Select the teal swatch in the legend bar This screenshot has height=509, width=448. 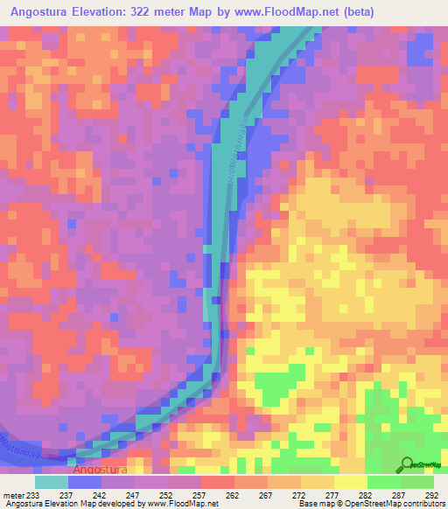52,482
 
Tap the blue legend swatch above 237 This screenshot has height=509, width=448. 85,482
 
